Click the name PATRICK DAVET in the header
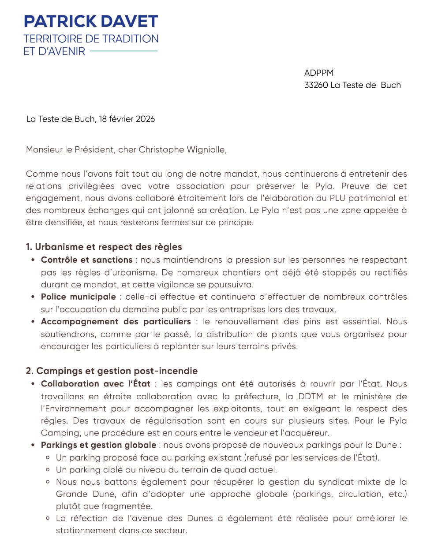pos(91,21)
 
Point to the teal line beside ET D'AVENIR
pos(123,51)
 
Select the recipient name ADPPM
pos(318,73)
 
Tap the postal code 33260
pos(316,85)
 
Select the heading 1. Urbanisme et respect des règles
pos(104,247)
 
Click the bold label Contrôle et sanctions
pos(86,260)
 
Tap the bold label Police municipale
pos(78,297)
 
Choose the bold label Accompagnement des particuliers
pos(116,322)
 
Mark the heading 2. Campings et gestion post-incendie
pos(112,371)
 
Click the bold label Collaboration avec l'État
pos(95,384)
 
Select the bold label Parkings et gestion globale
pos(98,445)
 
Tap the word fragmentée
pos(127,506)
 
